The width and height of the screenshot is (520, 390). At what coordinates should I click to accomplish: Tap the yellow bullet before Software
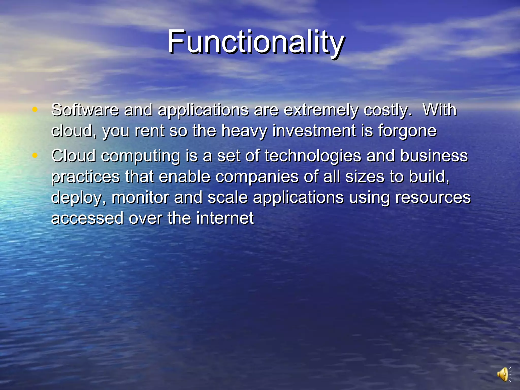tap(35, 109)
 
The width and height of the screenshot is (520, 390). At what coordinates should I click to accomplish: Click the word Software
tap(85, 110)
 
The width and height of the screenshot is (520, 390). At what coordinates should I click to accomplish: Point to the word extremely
tap(321, 110)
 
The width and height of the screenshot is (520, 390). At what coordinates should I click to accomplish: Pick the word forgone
tap(407, 131)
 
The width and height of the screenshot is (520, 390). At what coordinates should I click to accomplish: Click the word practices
tap(86, 177)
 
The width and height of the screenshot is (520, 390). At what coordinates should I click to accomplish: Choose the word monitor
tap(140, 198)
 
